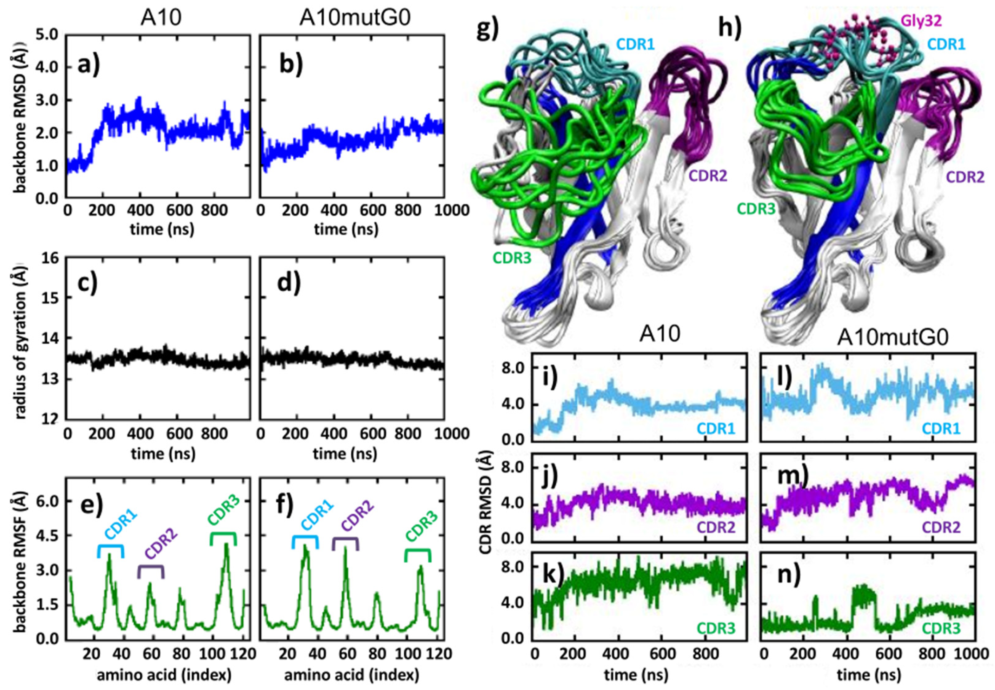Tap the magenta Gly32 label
click(x=921, y=20)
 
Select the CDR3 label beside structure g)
click(x=512, y=258)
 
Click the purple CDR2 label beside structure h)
click(x=965, y=177)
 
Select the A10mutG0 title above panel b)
click(x=355, y=18)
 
